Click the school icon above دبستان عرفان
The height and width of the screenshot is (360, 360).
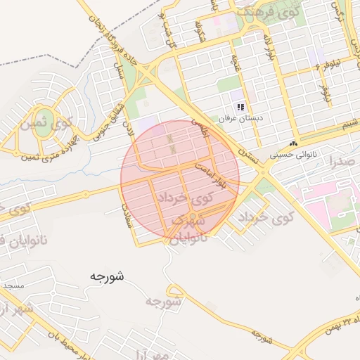(x=240, y=107)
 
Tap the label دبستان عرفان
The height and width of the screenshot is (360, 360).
(x=240, y=119)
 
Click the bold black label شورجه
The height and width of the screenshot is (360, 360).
(x=107, y=276)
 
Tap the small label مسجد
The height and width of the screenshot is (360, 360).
(x=13, y=286)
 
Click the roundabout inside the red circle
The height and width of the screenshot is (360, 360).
(x=192, y=216)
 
